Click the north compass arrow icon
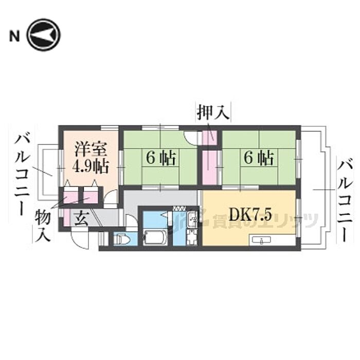click(x=43, y=35)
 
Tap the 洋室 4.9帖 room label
click(x=90, y=158)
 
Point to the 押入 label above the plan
click(x=213, y=112)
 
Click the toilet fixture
click(x=121, y=239)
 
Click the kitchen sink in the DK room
click(x=263, y=240)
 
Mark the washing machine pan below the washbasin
click(x=191, y=238)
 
